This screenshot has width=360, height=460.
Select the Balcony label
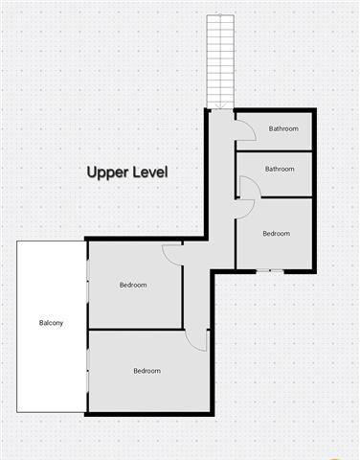click(x=52, y=323)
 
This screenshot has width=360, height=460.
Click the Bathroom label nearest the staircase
click(x=283, y=129)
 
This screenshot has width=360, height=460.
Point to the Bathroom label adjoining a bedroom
click(x=280, y=169)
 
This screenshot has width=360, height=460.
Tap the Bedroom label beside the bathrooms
click(x=277, y=233)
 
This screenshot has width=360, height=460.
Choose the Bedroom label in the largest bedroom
click(x=146, y=371)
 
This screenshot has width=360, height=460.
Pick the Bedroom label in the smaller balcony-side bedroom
click(x=133, y=285)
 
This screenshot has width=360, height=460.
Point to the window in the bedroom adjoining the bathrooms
click(x=269, y=271)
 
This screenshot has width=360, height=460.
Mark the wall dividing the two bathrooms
click(x=278, y=150)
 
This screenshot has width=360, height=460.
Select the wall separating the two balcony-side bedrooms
click(x=134, y=330)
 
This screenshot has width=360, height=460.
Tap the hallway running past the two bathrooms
click(x=221, y=182)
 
